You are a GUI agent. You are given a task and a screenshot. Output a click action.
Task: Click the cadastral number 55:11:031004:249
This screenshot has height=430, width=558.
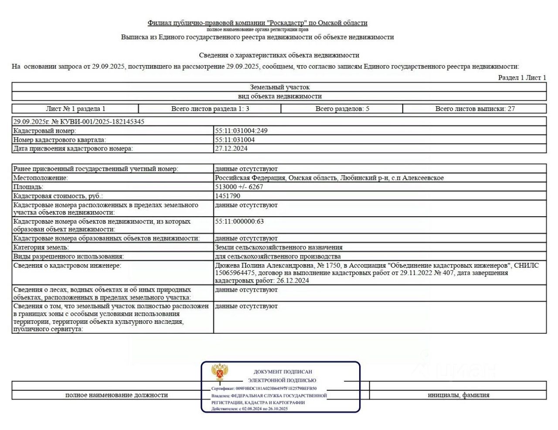(x=241, y=131)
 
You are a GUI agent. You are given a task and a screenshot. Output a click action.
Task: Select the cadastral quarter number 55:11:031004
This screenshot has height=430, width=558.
(x=235, y=140)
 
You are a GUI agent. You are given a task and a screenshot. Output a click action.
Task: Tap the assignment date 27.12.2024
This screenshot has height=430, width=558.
(x=231, y=148)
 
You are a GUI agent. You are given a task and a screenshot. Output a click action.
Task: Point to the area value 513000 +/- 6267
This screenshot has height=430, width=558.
(x=239, y=187)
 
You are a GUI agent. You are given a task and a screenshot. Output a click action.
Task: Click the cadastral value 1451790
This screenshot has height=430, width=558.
(x=228, y=196)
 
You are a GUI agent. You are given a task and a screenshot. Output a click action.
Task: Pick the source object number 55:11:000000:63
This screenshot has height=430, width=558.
(x=239, y=222)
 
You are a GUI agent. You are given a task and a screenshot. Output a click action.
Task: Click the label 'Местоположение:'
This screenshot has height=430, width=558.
(x=41, y=178)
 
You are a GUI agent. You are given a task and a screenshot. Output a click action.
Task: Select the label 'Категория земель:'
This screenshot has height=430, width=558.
(x=41, y=247)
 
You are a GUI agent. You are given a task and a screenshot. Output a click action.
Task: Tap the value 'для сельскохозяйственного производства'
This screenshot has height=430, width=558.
(x=278, y=256)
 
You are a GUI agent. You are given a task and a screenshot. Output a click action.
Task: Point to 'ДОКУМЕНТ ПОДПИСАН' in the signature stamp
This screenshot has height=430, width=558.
(x=283, y=372)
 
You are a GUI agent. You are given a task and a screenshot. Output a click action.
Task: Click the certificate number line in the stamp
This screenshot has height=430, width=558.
(x=264, y=388)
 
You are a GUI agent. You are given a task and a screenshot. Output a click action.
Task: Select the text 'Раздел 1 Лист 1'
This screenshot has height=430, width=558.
(x=522, y=77)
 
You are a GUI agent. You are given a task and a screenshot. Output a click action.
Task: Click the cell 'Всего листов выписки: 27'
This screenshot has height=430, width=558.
(x=475, y=109)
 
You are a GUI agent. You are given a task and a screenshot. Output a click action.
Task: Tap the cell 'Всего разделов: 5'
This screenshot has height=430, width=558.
(x=342, y=109)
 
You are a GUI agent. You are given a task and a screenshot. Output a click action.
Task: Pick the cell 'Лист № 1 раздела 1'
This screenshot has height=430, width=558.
(x=75, y=109)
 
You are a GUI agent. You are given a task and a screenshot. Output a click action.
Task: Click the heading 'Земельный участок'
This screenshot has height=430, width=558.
(x=279, y=87)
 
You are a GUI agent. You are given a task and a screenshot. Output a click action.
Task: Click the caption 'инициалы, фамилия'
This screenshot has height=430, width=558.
(x=458, y=395)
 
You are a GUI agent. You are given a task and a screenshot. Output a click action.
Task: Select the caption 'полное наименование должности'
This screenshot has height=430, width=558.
(x=116, y=395)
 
